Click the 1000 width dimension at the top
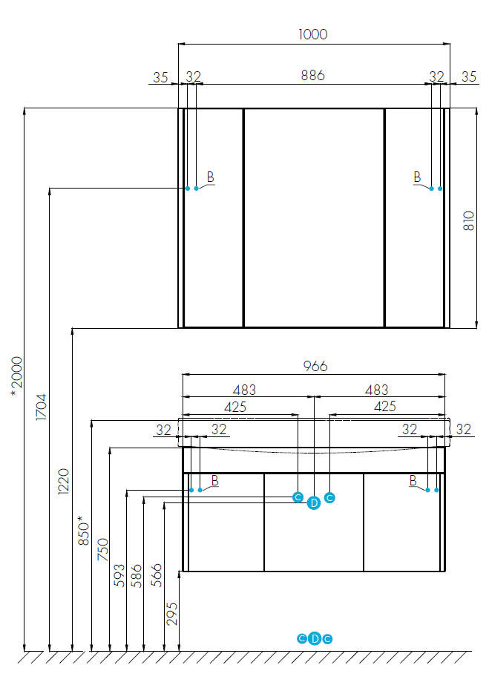(x=313, y=34)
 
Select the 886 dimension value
(x=313, y=76)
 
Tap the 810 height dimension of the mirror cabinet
(x=469, y=220)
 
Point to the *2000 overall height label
(x=17, y=376)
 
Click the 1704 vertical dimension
(x=41, y=407)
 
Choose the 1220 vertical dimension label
(x=64, y=481)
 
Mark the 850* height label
(x=84, y=531)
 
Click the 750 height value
(x=102, y=549)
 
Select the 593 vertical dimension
(x=119, y=575)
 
